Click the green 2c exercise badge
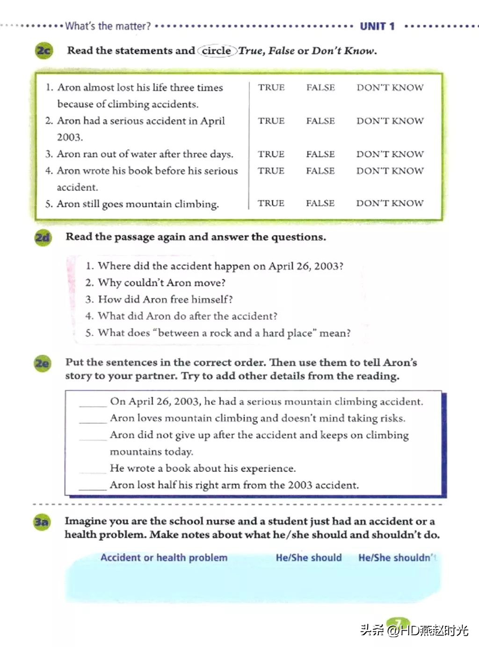point(44,50)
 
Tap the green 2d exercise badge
point(43,237)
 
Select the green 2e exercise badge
point(42,363)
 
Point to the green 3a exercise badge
point(41,522)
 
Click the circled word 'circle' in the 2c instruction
point(217,51)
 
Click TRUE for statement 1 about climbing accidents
point(271,88)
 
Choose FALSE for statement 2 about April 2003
point(320,121)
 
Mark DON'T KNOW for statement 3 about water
point(390,154)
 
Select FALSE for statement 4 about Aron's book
point(320,171)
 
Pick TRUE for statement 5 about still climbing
point(271,203)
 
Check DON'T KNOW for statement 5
point(390,203)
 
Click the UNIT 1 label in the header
point(377,27)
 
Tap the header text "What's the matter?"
point(108,26)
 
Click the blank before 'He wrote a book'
point(93,469)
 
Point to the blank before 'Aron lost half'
point(93,485)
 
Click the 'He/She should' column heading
point(309,558)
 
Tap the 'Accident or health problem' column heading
point(164,558)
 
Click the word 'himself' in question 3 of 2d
point(210,300)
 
